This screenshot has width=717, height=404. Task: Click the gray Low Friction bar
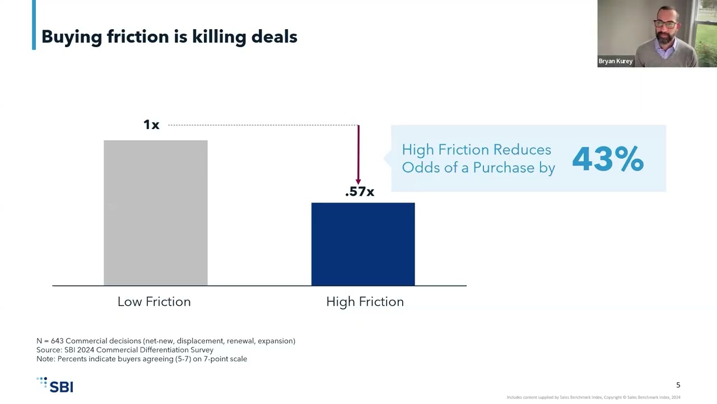tap(155, 213)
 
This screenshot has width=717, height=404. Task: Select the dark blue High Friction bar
tap(363, 244)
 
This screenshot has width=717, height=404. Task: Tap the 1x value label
tap(151, 125)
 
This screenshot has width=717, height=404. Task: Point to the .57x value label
tap(360, 192)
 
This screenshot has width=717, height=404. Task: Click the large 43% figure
tap(608, 159)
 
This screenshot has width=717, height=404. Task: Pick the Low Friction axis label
tap(154, 302)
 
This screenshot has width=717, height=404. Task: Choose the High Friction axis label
tap(365, 302)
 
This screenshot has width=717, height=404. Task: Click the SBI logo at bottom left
tap(55, 385)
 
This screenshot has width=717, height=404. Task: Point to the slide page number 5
tap(678, 385)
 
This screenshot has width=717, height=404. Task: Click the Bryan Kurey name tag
tap(616, 61)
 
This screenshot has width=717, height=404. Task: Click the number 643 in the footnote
tap(57, 341)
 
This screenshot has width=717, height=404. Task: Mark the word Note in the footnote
tap(45, 359)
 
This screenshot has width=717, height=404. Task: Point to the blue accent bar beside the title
tap(34, 25)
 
